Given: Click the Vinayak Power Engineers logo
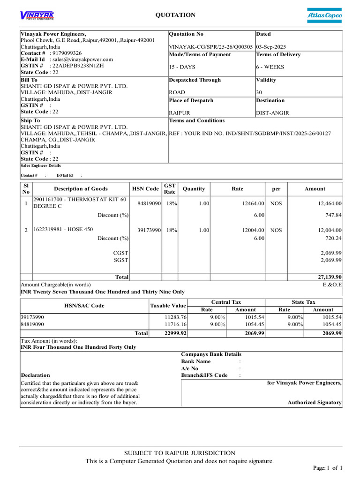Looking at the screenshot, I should tap(37, 16).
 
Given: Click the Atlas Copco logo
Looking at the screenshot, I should tap(324, 15).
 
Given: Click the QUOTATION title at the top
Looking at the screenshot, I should tap(175, 15).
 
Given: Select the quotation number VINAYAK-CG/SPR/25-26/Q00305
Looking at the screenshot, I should tap(211, 47).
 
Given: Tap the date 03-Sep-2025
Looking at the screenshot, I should tap(271, 47).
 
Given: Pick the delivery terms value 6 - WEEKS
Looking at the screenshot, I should tap(270, 67).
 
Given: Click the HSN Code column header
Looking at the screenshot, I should tap(145, 189).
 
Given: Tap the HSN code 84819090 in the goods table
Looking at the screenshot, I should tap(149, 203).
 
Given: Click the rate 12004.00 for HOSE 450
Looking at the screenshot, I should tap(253, 230).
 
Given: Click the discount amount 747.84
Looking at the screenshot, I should tap(333, 215).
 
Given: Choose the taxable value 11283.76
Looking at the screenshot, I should tap(175, 317).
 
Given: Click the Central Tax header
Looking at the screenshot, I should tap(226, 302).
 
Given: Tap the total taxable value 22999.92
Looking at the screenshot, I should tap(175, 333).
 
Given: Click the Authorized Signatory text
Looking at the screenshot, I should tap(314, 403).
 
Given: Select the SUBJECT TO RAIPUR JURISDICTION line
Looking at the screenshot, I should tap(180, 453).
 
